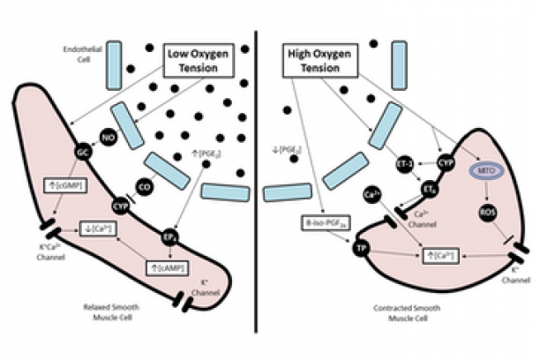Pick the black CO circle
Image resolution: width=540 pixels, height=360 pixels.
[141, 186]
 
